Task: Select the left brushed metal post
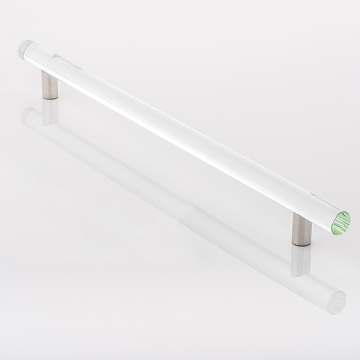pyautogui.click(x=50, y=83)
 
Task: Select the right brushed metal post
pyautogui.click(x=300, y=230)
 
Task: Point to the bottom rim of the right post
pyautogui.click(x=300, y=245)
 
